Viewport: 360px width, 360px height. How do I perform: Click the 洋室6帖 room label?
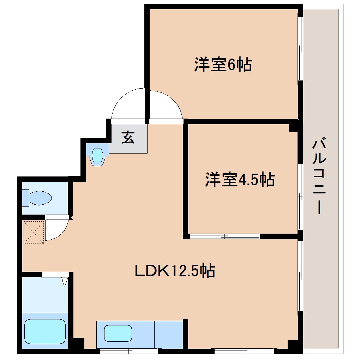223,65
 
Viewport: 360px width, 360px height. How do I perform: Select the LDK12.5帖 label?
175,271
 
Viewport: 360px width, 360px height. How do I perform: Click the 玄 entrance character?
128,137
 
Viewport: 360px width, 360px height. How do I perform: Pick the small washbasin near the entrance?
97,155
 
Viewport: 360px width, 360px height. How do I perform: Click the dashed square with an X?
33,232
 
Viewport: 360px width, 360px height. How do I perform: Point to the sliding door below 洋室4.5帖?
224,236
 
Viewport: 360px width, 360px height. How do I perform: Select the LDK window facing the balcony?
300,276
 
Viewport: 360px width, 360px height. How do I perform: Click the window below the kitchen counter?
128,351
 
